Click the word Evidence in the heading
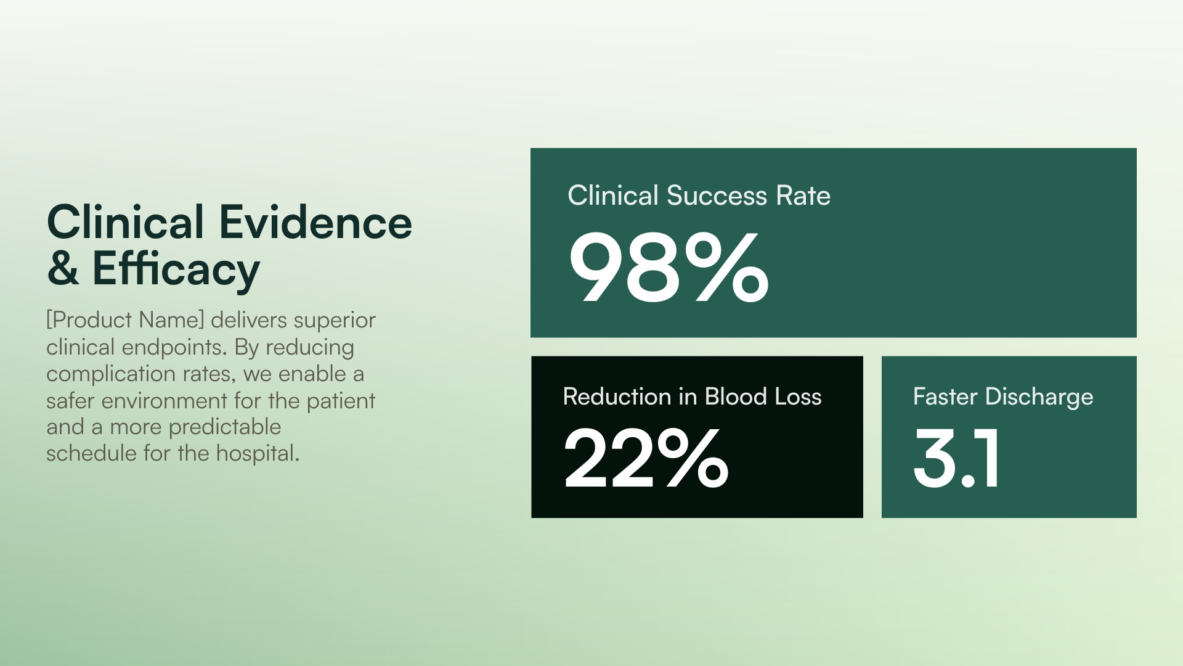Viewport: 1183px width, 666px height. coord(315,223)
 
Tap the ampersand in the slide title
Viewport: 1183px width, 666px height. coord(63,269)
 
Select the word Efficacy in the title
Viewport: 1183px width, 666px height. coord(176,269)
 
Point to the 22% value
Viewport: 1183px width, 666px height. coord(646,458)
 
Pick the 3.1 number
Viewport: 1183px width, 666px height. coord(956,458)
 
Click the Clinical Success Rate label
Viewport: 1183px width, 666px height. coord(699,195)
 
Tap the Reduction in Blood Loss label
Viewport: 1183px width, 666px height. coord(692,396)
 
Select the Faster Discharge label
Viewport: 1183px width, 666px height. coord(1002,397)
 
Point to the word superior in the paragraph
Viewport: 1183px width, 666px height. coord(335,320)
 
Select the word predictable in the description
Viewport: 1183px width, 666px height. coord(225,427)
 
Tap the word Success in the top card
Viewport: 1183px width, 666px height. coord(717,195)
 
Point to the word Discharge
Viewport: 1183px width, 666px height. coord(1039,397)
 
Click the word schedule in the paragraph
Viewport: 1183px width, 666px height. coord(92,453)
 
